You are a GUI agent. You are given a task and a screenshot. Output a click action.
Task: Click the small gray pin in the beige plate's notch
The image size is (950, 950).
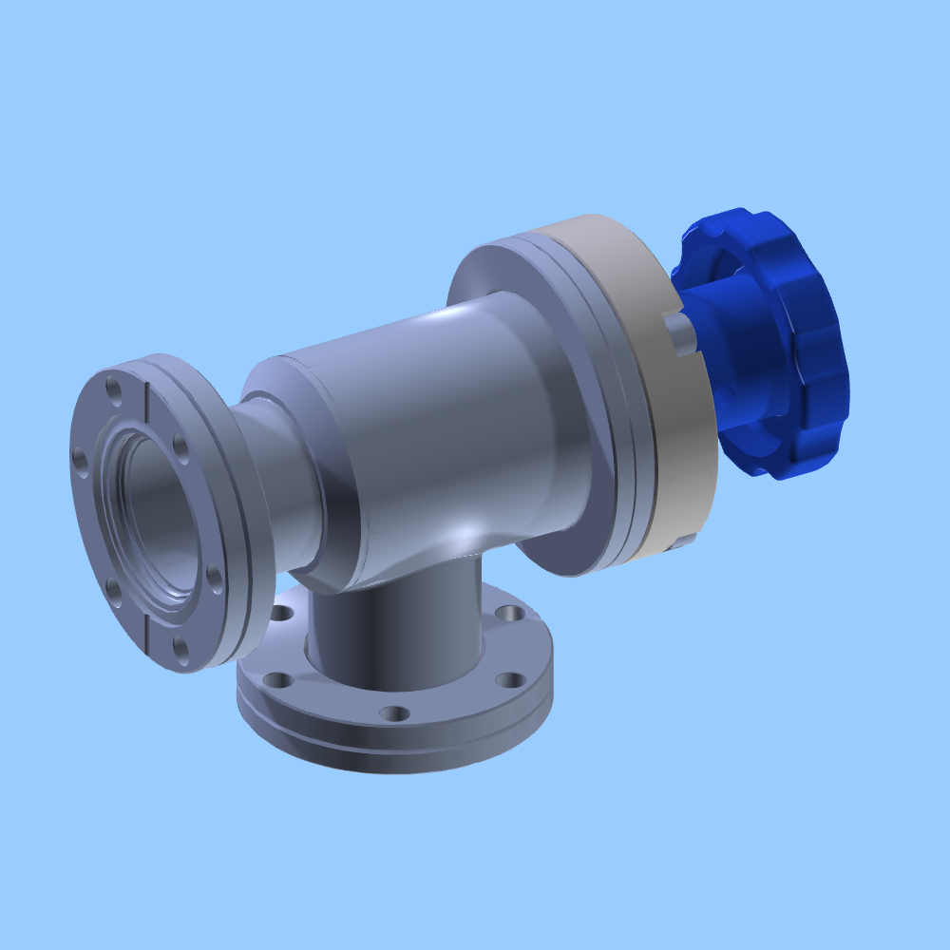click(678, 332)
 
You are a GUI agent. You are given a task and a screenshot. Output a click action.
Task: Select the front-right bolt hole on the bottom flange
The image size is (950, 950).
click(510, 679)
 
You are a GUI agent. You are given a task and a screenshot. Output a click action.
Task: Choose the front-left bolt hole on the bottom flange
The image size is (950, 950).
click(277, 680)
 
